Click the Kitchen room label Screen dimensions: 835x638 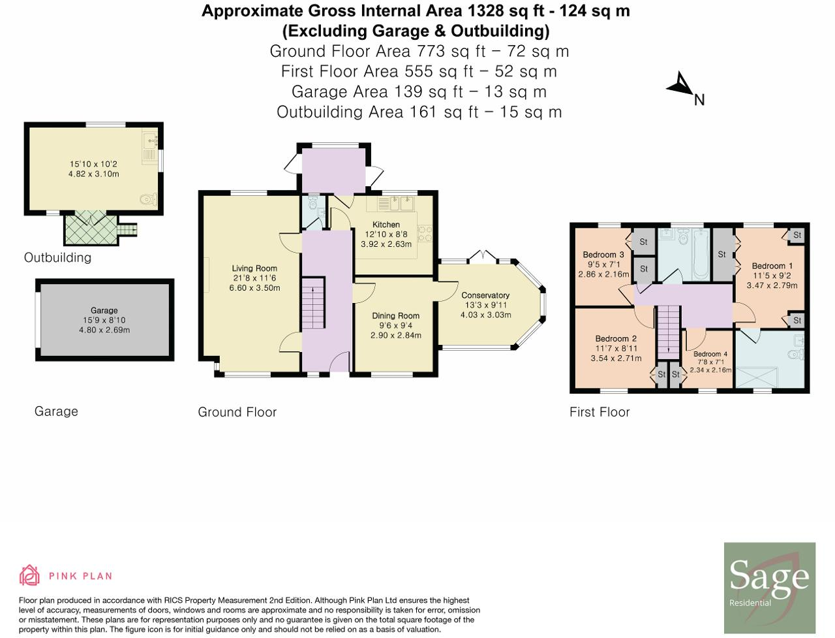(x=386, y=225)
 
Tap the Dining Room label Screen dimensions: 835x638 (x=395, y=315)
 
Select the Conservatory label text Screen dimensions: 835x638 (x=485, y=295)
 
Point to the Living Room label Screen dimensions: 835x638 (x=254, y=268)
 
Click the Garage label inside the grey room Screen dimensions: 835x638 (x=104, y=311)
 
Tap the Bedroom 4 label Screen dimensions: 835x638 (x=710, y=354)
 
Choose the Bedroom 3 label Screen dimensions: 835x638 (x=603, y=255)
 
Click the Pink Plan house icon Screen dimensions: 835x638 (x=29, y=575)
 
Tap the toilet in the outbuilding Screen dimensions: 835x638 (x=149, y=199)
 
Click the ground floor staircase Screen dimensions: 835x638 (x=314, y=303)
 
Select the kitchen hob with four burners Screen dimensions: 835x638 (x=425, y=233)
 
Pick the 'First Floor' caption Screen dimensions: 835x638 (x=600, y=412)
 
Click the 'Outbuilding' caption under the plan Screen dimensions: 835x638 (x=58, y=258)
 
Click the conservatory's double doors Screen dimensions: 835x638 (x=482, y=256)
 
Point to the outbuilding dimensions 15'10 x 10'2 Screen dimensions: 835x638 (x=93, y=164)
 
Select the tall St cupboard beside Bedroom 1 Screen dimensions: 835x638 (x=722, y=254)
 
